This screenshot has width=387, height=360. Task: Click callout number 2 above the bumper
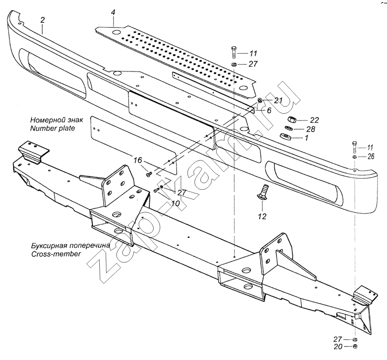[x=42, y=19]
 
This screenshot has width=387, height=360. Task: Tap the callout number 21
[x=266, y=101]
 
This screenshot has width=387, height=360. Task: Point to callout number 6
[x=269, y=110]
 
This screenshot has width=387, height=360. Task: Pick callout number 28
[x=311, y=129]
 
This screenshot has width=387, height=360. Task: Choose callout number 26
[x=371, y=157]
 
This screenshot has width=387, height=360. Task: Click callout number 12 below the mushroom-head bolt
[x=262, y=216]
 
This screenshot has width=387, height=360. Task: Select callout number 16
[x=138, y=161]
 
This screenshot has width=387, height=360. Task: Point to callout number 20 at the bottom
[x=338, y=347]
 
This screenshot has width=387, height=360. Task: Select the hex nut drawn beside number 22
[x=291, y=120]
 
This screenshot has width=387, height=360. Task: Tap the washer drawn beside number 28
[x=287, y=129]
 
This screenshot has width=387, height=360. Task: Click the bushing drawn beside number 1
[x=285, y=137]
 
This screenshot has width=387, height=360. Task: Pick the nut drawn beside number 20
[x=355, y=346]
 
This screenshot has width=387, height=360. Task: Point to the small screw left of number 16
[x=149, y=173]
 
